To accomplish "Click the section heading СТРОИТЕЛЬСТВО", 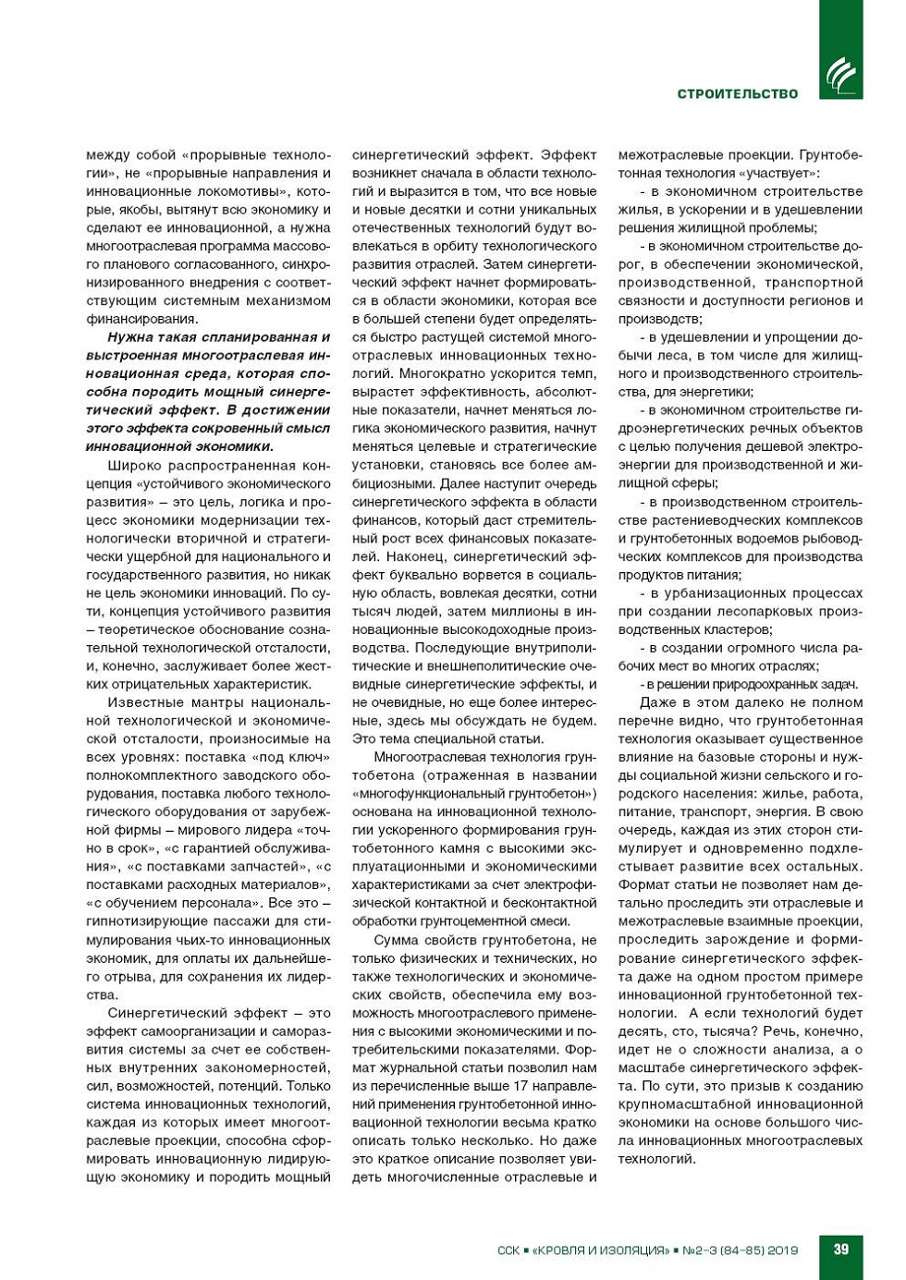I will (x=737, y=93).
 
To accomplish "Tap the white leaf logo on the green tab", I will (x=840, y=75).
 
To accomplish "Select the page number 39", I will (x=840, y=1249).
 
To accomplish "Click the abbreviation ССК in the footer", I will (x=508, y=1250).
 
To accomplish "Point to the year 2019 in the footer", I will (x=781, y=1250).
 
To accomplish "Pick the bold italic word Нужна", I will (x=129, y=337).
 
